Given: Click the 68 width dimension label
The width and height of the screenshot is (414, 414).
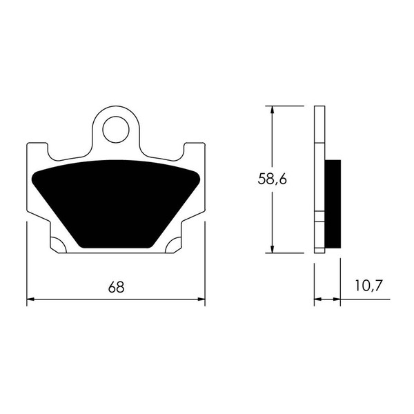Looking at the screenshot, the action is tap(116, 287).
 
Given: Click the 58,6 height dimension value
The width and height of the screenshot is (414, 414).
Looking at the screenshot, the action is tap(273, 179).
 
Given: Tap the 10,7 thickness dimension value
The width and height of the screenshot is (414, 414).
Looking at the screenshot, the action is tap(368, 286).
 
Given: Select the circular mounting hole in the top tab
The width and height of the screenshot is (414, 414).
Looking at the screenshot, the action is tap(116, 130).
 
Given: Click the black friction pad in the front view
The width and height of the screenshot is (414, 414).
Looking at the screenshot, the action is tap(116, 204).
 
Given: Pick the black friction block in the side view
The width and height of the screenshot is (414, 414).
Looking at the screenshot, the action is tap(333, 204).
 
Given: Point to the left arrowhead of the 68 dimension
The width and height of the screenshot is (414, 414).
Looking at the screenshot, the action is tap(30, 299).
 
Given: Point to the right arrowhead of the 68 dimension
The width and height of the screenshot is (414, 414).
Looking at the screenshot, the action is tap(201, 299).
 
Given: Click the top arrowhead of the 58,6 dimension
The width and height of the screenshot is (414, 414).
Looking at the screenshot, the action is tap(273, 110).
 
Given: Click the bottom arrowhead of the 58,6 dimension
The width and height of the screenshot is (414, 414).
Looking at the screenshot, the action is tap(273, 249).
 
